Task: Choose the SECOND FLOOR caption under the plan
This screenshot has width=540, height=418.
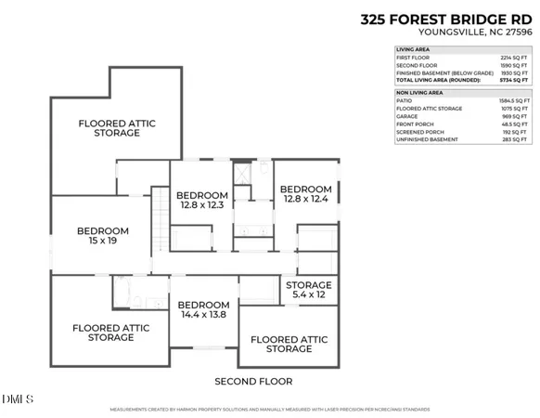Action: pos(253,382)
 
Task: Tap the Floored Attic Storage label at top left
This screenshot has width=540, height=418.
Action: pos(109,128)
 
